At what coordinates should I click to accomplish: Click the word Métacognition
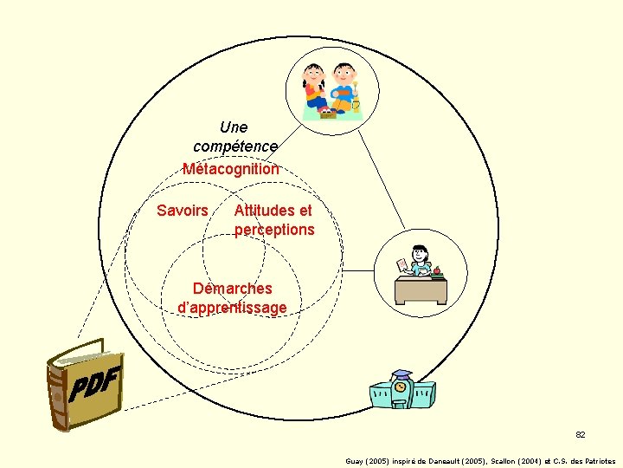231,169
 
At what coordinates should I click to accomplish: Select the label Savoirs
182,211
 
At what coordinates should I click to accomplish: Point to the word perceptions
274,230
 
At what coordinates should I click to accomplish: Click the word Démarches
232,289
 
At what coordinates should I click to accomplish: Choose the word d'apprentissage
232,308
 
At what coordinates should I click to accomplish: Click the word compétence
235,146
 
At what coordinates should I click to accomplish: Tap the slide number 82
581,434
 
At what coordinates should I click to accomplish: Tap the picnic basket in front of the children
328,113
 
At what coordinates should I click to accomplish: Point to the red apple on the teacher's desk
437,270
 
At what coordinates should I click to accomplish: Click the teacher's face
420,255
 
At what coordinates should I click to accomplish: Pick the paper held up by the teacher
401,264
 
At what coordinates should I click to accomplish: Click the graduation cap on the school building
401,376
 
